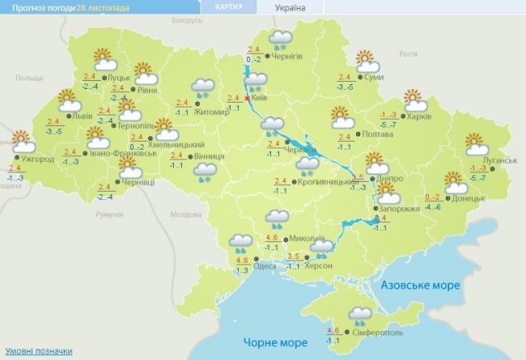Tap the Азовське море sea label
point(420,286)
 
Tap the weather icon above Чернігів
point(281,40)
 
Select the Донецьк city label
point(469,198)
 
